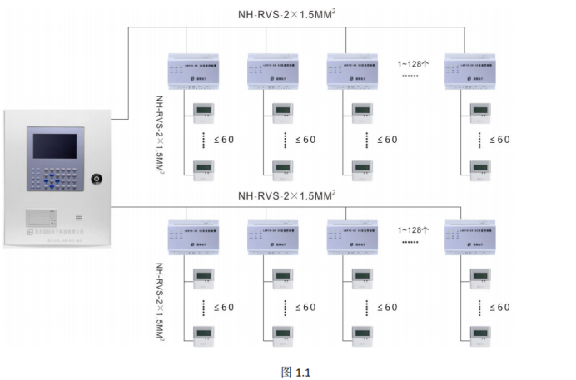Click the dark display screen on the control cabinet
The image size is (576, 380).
52,143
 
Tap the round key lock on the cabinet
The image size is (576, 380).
97,178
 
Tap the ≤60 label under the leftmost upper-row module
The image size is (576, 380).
222,139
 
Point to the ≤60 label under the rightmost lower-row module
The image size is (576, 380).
499,307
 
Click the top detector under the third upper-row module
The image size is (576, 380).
362,111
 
